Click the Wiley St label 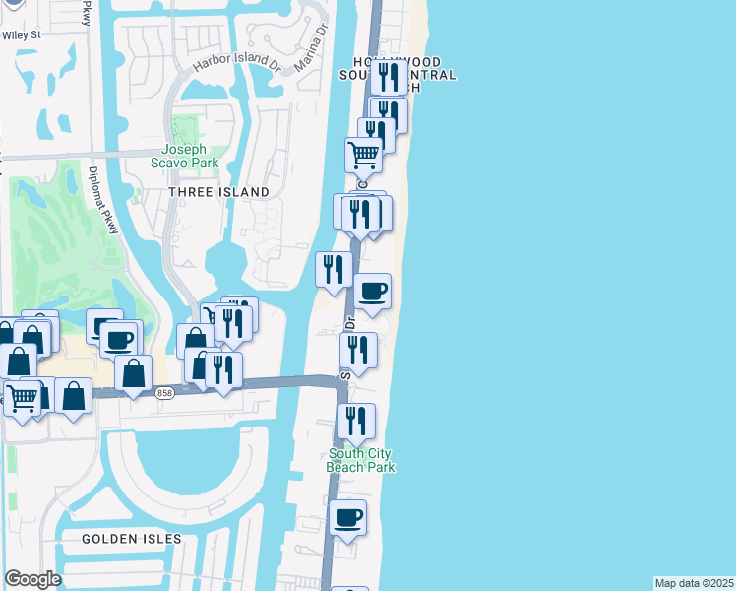pyautogui.click(x=21, y=34)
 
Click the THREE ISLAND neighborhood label pyautogui.click(x=218, y=192)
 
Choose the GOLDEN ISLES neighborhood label pyautogui.click(x=132, y=539)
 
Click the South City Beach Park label pyautogui.click(x=361, y=460)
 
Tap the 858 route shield pyautogui.click(x=165, y=393)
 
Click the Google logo pyautogui.click(x=32, y=579)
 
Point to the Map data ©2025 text pyautogui.click(x=694, y=583)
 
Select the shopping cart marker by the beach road pyautogui.click(x=363, y=155)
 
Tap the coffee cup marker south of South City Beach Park pyautogui.click(x=346, y=517)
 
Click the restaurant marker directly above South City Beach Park pyautogui.click(x=356, y=421)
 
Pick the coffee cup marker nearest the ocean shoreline pyautogui.click(x=372, y=292)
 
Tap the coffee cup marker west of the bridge pyautogui.click(x=119, y=340)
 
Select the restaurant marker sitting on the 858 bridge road pyautogui.click(x=223, y=369)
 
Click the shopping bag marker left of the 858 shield pyautogui.click(x=133, y=373)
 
